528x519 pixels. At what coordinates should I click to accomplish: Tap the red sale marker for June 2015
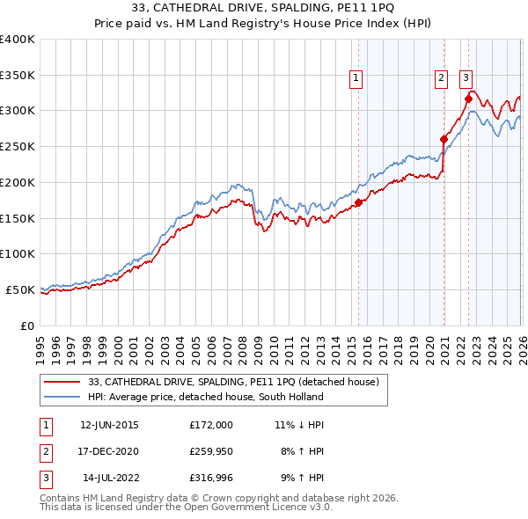(358, 202)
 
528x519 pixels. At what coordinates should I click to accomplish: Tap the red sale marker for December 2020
(444, 138)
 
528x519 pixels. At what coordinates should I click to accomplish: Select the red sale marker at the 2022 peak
(468, 98)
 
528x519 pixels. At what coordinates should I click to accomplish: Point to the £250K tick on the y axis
(18, 146)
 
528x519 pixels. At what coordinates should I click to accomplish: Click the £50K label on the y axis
(19, 289)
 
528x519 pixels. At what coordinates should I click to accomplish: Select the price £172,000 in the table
(210, 425)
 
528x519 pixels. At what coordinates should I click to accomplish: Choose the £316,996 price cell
(210, 479)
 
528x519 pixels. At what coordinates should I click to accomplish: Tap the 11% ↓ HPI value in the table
(299, 425)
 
